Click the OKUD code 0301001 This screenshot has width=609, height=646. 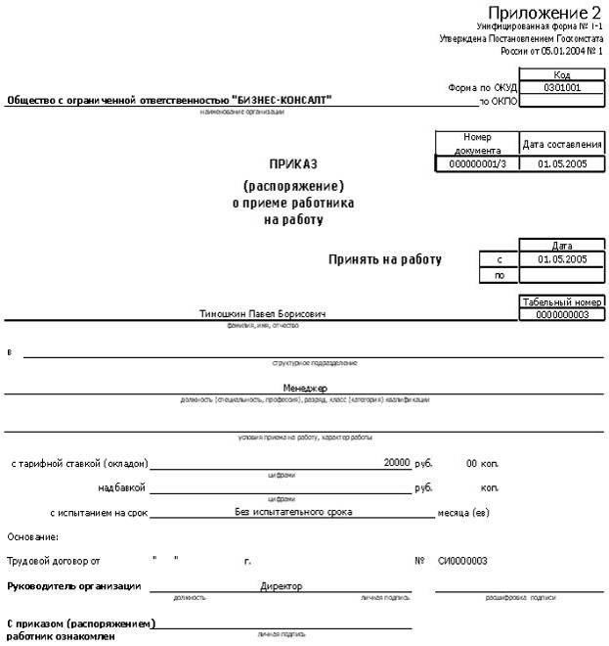click(561, 87)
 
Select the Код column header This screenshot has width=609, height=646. click(561, 74)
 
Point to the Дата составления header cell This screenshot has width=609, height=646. click(561, 144)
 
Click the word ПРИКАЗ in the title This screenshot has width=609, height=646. click(293, 164)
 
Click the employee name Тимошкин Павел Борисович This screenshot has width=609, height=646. click(262, 313)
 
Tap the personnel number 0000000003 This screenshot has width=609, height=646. click(561, 314)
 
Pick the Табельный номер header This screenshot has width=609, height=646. click(561, 301)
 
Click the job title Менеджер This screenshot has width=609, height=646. click(305, 388)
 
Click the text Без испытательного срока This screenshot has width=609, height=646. click(293, 511)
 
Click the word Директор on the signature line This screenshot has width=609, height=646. click(281, 586)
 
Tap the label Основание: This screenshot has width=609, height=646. click(32, 536)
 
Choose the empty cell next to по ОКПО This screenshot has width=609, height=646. click(561, 100)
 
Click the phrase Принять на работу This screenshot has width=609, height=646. click(385, 260)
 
